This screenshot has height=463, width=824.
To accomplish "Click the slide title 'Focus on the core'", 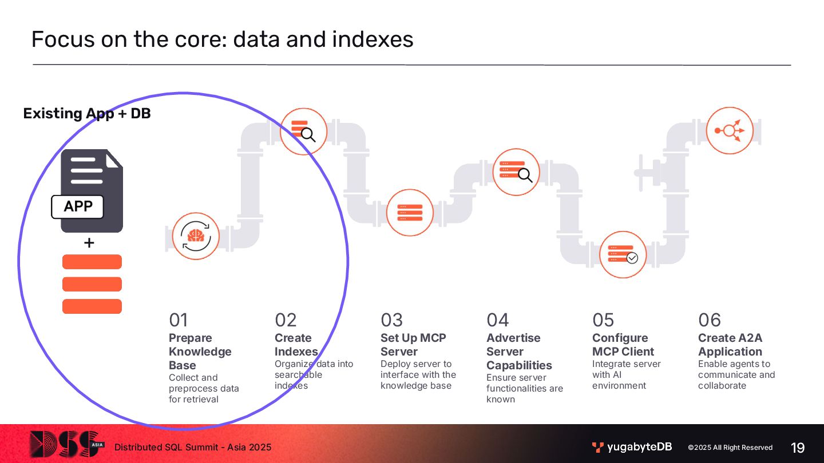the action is click(x=222, y=39).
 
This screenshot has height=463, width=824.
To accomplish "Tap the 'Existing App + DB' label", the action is click(x=87, y=113).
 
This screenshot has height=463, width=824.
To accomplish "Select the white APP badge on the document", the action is click(x=78, y=206).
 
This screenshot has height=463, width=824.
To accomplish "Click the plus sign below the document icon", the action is click(x=89, y=244).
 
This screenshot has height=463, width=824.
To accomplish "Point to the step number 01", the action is click(x=179, y=320).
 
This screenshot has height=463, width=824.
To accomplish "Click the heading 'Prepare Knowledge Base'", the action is click(x=200, y=352).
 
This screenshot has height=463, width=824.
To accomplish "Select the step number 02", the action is click(x=286, y=320).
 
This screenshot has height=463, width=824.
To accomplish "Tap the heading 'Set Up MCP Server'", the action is click(x=413, y=345).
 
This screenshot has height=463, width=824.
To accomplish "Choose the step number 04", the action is click(x=497, y=320).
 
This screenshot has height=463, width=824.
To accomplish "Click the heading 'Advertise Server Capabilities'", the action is click(x=519, y=352).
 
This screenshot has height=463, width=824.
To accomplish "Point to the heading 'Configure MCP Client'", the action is click(x=623, y=345).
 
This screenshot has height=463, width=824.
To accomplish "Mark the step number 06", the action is click(x=710, y=320).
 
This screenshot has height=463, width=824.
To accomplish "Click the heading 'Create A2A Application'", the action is click(x=730, y=345).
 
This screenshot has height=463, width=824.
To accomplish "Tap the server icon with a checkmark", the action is click(x=623, y=254).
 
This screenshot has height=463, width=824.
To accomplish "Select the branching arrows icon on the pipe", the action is click(x=730, y=130).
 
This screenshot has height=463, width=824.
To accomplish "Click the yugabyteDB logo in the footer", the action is click(x=632, y=447).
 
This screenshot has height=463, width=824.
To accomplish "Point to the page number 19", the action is click(x=798, y=448).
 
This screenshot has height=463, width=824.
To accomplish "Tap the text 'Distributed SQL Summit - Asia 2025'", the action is click(x=193, y=447).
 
